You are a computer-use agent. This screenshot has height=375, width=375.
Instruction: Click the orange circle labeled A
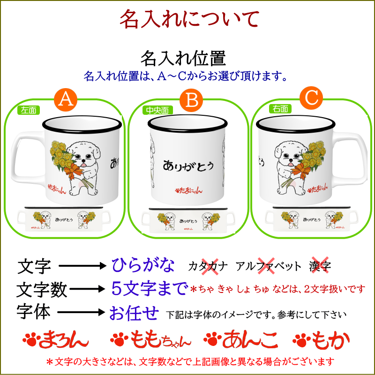[x=66, y=99]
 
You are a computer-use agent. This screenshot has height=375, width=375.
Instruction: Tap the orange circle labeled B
[x=191, y=100]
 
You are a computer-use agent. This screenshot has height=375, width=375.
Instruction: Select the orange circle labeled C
[x=311, y=98]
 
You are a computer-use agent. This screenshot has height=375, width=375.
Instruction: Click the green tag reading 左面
[x=29, y=110]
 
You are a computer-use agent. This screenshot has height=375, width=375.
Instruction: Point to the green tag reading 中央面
[x=157, y=110]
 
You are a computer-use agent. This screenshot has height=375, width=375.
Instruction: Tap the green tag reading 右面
[x=280, y=109]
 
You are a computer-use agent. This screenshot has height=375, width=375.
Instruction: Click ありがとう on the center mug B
[x=188, y=165]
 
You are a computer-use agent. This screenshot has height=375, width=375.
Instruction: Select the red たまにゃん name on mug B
[x=189, y=190]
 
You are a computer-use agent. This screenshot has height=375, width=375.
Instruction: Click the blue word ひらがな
[x=143, y=265]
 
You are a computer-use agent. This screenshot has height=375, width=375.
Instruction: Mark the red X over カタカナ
[x=210, y=266]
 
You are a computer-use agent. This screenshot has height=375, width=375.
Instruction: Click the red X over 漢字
[x=320, y=265]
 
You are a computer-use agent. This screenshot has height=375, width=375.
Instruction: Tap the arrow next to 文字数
[x=87, y=289]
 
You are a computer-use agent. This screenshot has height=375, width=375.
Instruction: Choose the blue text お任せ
[x=134, y=313]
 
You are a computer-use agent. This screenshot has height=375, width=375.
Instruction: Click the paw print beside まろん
[x=30, y=339]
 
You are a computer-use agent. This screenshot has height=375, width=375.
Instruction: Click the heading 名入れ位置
[x=183, y=58]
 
